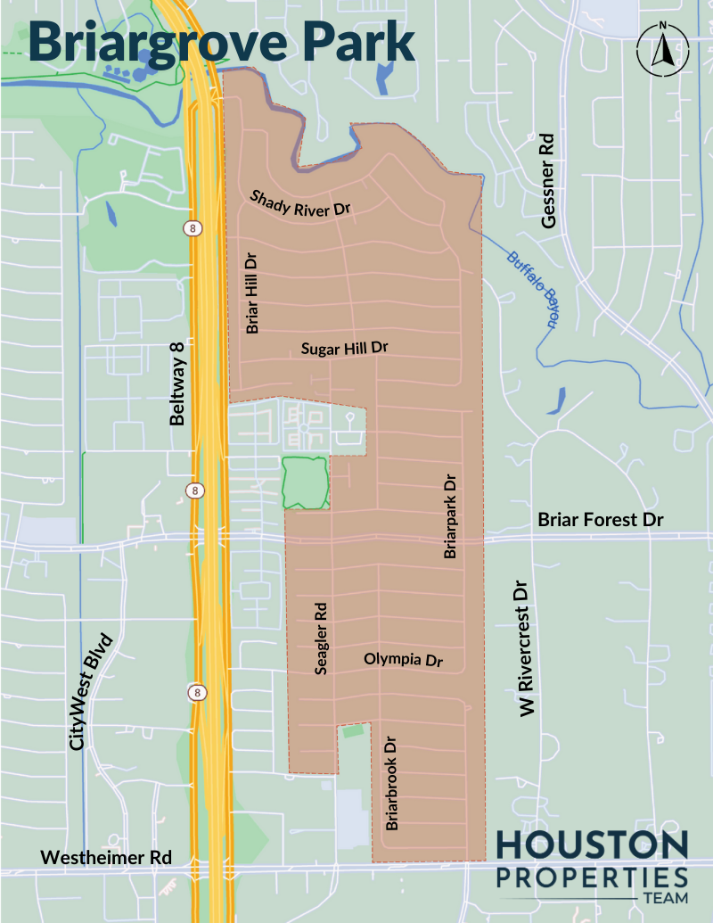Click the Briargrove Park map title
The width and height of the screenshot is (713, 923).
tap(222, 41)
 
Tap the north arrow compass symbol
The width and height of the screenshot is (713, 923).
tap(661, 50)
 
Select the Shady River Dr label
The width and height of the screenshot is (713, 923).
tap(300, 203)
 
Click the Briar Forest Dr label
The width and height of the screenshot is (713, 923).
tap(602, 519)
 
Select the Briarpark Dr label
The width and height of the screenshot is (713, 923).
tap(451, 516)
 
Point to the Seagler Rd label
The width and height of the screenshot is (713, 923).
tap(323, 638)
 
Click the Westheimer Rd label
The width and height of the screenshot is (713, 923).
tap(106, 857)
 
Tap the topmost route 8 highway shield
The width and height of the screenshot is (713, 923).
tap(193, 228)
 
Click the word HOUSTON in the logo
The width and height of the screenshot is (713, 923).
tap(592, 846)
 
